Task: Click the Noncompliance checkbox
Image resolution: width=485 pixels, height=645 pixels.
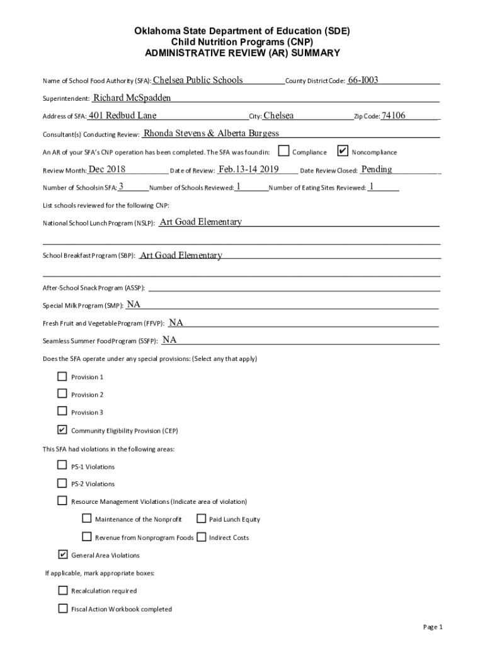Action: (343, 151)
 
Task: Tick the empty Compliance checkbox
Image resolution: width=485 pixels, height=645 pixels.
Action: (284, 151)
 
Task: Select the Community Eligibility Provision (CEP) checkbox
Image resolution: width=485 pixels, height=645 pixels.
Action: (62, 430)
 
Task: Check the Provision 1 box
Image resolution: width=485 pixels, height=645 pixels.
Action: (62, 377)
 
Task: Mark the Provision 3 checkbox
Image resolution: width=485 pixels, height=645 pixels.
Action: (62, 412)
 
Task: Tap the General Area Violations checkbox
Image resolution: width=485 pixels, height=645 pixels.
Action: (62, 555)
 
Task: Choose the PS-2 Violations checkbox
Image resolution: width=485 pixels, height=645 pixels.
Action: (62, 484)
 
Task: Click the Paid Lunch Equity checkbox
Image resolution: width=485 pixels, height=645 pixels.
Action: (201, 519)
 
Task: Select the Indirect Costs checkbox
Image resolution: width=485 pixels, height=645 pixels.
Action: (201, 537)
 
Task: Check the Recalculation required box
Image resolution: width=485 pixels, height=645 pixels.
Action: (62, 591)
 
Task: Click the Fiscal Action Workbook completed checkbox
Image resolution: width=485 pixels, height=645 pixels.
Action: (62, 608)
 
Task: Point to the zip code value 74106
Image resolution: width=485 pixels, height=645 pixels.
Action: (394, 115)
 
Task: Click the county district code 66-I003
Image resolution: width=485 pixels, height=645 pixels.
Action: (363, 81)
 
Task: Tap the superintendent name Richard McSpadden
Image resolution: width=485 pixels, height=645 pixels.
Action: (132, 98)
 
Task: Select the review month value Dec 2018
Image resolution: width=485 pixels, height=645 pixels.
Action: (107, 169)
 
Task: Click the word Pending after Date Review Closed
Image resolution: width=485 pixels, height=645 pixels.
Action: (377, 169)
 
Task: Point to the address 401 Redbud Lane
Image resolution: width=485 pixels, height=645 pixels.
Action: (123, 115)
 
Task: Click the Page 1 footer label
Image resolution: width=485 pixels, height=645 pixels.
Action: (433, 627)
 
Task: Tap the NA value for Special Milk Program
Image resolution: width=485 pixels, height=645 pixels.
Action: (134, 304)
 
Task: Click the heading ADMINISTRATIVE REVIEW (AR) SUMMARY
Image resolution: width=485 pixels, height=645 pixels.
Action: (243, 53)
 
